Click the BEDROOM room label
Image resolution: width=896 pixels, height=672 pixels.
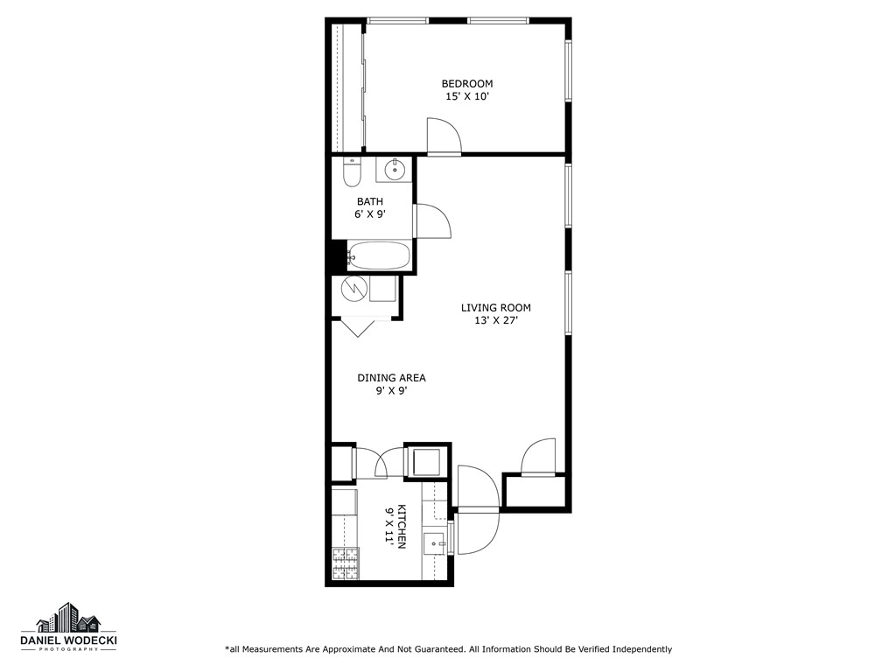[466, 84]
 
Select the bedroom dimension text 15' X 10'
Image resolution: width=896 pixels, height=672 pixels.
[466, 97]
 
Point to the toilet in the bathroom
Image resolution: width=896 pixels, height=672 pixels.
[352, 172]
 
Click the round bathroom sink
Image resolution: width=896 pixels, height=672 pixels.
[395, 169]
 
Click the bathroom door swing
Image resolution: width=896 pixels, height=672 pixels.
[433, 220]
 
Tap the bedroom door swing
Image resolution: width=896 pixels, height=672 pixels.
[444, 136]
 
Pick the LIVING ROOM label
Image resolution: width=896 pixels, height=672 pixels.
[496, 308]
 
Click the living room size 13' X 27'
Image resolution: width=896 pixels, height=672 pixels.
[496, 320]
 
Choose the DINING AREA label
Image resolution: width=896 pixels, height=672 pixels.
[391, 378]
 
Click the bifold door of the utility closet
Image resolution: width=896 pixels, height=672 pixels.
[357, 326]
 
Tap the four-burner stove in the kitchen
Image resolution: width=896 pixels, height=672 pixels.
[345, 563]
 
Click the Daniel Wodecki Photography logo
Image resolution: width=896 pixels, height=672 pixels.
[68, 628]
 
